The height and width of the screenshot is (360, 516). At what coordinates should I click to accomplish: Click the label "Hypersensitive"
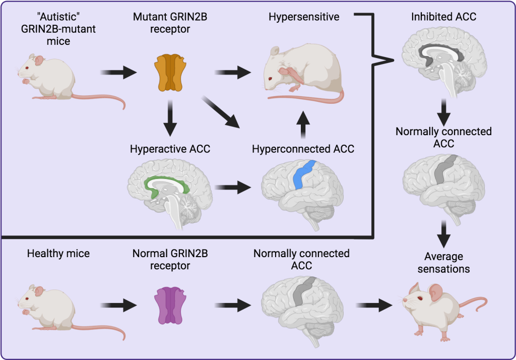304,17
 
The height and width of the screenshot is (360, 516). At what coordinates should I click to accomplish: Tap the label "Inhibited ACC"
443,17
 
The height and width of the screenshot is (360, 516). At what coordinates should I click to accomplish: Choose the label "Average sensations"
443,263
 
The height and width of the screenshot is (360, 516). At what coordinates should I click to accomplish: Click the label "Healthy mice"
58,254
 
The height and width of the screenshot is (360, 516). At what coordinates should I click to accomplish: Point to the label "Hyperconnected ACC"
303,149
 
